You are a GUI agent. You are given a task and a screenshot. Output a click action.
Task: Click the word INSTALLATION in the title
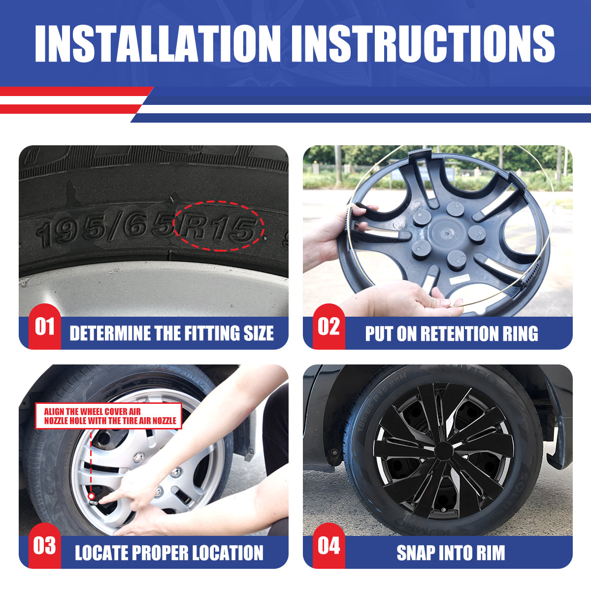click(158, 43)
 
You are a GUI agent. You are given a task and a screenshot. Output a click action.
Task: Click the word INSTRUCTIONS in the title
click(423, 43)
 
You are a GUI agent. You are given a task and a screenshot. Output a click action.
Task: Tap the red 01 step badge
click(45, 327)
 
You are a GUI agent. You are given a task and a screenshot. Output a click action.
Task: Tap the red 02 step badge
click(329, 327)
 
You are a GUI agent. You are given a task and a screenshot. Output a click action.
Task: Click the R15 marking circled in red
click(218, 227)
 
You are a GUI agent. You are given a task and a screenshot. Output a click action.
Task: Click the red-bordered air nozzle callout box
click(108, 416)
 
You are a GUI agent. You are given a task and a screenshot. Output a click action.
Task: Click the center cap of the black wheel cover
click(443, 451)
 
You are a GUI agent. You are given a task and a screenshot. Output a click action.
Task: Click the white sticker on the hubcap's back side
click(460, 278)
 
